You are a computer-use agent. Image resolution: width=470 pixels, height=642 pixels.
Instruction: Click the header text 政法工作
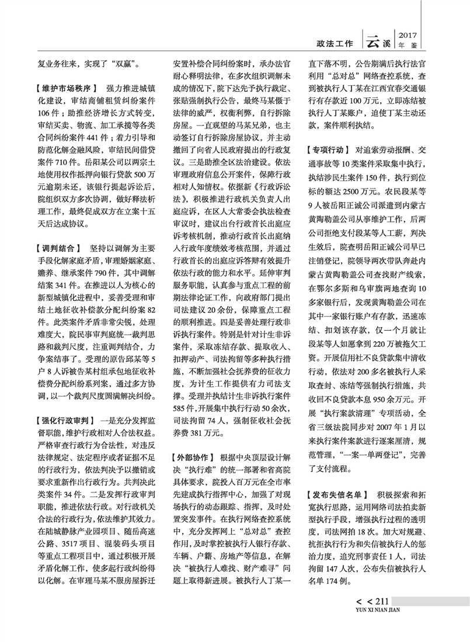pos(334,43)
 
